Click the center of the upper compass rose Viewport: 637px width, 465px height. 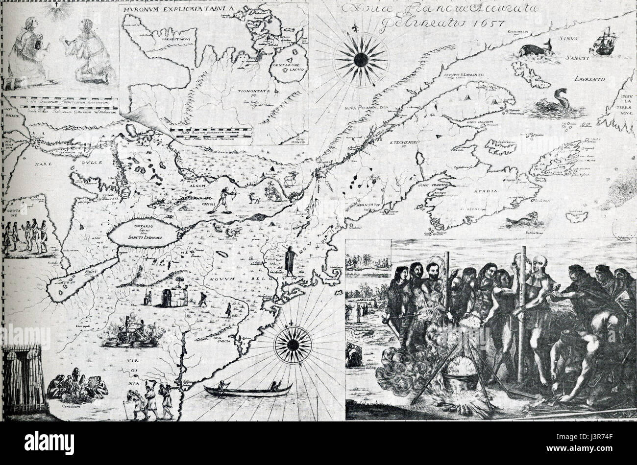tap(360, 59)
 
